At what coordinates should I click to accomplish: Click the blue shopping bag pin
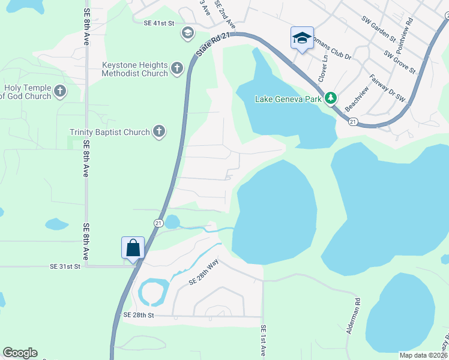(x=133, y=247)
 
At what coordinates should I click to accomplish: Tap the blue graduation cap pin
(x=301, y=38)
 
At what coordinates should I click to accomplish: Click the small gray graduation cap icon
(x=187, y=32)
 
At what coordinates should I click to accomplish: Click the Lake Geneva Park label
(x=288, y=99)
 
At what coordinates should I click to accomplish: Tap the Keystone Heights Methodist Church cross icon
(x=177, y=68)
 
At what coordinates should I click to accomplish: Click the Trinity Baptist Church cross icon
(x=158, y=131)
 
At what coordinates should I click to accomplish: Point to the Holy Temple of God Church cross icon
(x=59, y=91)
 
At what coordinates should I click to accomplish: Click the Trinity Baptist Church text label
(x=110, y=132)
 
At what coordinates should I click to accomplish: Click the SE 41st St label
(x=158, y=23)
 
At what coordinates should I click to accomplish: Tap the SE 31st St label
(x=65, y=266)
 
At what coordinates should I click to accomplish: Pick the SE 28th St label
(x=139, y=315)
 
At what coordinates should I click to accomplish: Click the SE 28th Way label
(x=203, y=273)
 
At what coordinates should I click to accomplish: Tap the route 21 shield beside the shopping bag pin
(x=158, y=223)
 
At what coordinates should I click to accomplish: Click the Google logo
(x=20, y=353)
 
